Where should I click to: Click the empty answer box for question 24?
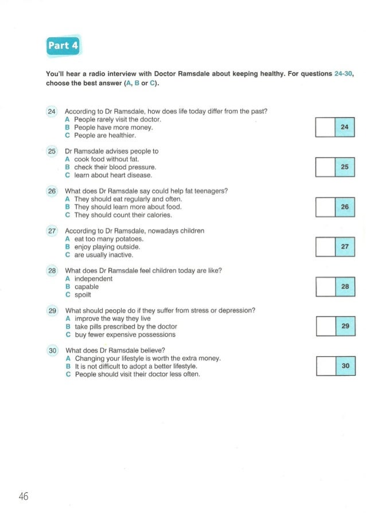[x=325, y=127]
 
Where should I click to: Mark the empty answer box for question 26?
[x=325, y=207]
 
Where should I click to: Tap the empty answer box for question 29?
[x=325, y=326]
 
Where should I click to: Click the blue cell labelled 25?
[x=345, y=167]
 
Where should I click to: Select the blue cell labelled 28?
[x=345, y=286]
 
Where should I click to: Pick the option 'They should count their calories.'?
[x=119, y=215]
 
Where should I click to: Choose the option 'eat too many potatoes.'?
[x=104, y=239]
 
